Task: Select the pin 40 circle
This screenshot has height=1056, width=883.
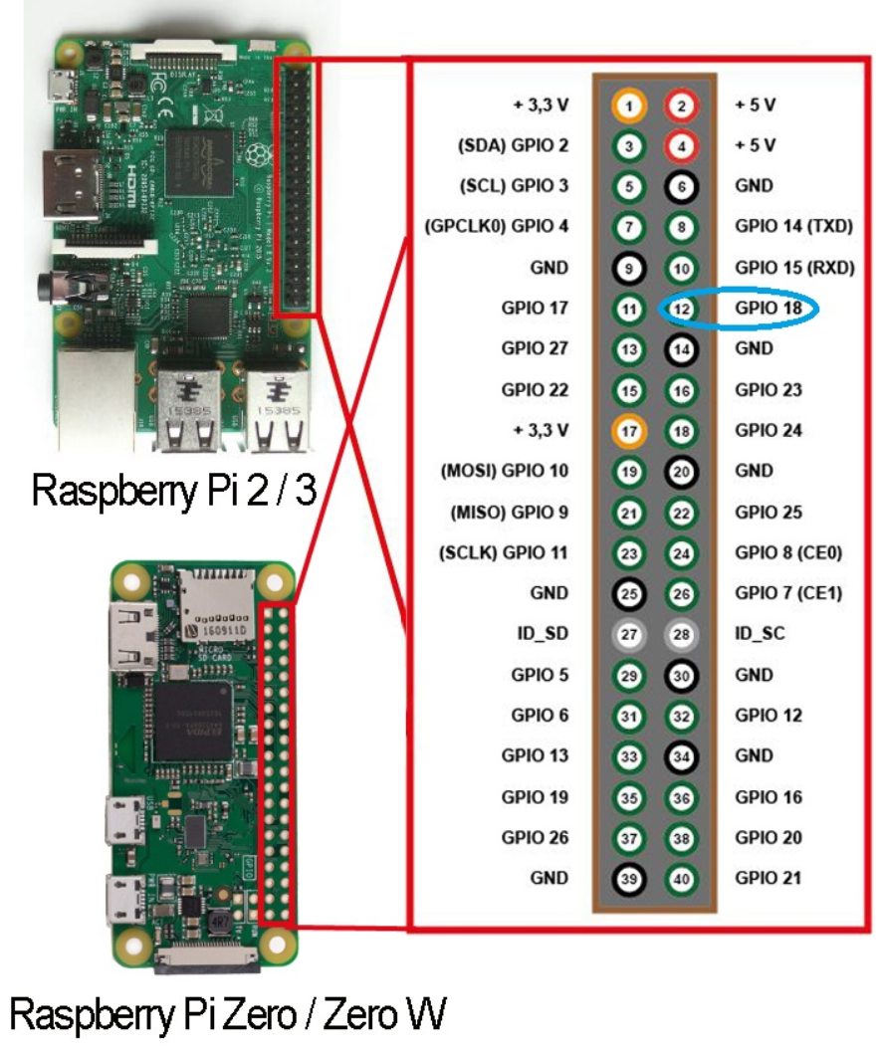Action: pyautogui.click(x=682, y=879)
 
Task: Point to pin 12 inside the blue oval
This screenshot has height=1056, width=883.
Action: pyautogui.click(x=682, y=309)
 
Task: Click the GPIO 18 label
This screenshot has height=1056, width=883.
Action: pyautogui.click(x=769, y=309)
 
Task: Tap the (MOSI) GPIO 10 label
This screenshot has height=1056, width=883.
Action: pyautogui.click(x=504, y=471)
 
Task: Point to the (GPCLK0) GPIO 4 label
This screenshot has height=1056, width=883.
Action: pyautogui.click(x=497, y=227)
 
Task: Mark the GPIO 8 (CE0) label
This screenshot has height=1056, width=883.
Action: pyautogui.click(x=788, y=552)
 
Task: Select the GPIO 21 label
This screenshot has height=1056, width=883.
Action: pyautogui.click(x=769, y=879)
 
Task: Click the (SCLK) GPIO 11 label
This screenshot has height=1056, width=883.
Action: pyautogui.click(x=504, y=552)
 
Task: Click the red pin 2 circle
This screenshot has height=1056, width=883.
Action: pyautogui.click(x=682, y=105)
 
